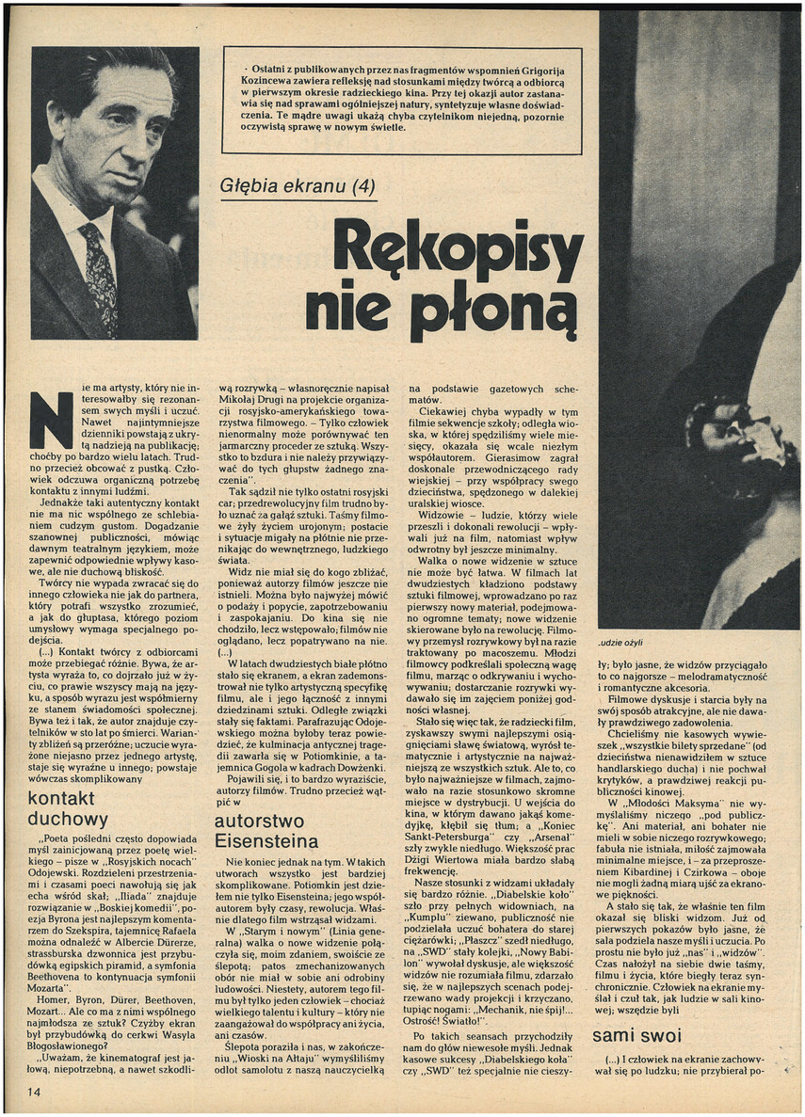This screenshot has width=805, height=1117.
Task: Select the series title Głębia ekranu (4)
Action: [296, 185]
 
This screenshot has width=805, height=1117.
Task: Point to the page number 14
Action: [35, 1093]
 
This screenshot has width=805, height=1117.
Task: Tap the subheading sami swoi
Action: [637, 1036]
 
